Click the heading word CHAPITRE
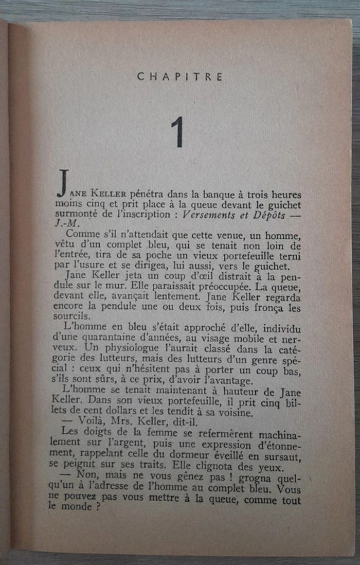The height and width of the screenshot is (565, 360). point(180,77)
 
